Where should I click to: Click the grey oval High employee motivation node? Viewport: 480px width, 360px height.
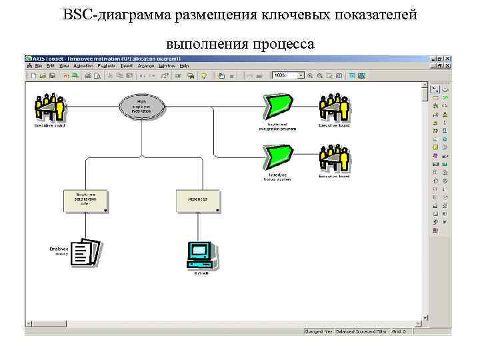point(141,106)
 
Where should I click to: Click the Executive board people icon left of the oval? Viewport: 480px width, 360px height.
point(49,107)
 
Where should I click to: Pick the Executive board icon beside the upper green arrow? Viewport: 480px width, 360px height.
point(334,107)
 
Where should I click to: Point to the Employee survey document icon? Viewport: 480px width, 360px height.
point(85,252)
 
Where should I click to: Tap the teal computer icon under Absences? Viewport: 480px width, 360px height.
point(199,253)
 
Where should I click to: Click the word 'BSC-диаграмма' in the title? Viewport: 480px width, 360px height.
point(117,15)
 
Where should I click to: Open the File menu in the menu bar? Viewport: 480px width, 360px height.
point(38,66)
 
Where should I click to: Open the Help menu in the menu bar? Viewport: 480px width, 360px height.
point(185,66)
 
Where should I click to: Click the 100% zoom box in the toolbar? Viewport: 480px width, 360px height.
point(284,75)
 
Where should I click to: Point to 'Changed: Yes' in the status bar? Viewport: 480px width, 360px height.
point(318,331)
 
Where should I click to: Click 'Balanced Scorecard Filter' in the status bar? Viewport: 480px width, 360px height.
point(362,331)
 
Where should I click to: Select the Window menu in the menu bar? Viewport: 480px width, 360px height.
point(167,66)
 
